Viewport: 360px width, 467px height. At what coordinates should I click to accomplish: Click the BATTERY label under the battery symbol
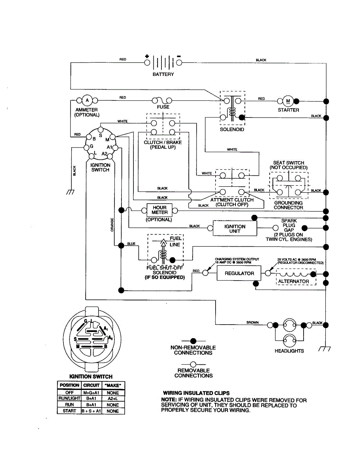163,74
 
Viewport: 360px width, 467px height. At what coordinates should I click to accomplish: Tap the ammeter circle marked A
87,100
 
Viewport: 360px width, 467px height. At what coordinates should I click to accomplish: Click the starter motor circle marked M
288,101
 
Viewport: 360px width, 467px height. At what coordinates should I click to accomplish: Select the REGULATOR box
239,274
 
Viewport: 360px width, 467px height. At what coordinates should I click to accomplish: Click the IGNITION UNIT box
235,228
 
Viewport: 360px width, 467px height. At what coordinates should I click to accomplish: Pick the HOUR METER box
160,210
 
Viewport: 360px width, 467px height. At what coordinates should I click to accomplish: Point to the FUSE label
163,107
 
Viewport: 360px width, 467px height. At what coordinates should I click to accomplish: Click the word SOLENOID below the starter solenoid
232,130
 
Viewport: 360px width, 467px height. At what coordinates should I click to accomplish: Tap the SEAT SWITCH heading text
288,163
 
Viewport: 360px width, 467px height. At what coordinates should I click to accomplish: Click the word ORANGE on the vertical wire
112,225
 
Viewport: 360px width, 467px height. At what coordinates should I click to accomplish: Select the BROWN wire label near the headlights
253,323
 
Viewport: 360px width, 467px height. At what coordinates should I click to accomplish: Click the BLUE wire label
131,244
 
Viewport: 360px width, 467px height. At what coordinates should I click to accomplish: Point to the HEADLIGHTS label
289,351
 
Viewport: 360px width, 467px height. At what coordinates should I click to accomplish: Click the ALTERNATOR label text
293,281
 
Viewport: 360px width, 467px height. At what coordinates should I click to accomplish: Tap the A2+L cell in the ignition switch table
113,399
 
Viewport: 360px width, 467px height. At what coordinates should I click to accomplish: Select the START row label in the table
69,411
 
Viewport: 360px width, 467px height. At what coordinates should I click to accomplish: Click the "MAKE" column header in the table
113,385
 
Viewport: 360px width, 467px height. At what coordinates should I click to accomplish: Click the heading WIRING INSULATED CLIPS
196,393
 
